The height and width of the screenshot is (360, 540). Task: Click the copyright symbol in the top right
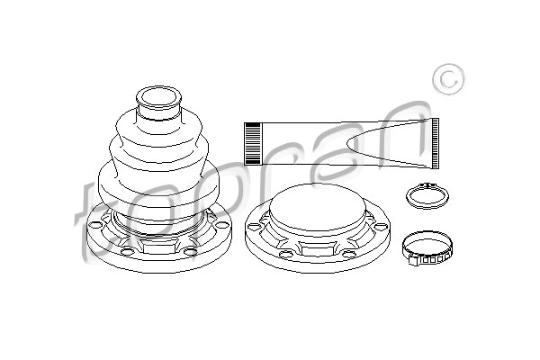tap(448, 79)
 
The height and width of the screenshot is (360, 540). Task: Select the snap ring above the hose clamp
tap(427, 196)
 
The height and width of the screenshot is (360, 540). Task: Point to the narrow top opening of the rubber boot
tap(158, 97)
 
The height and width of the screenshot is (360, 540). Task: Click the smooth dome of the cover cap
tap(317, 208)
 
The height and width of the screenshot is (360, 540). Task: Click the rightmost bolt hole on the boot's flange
tap(220, 226)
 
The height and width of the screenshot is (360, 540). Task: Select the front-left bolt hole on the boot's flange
tap(127, 251)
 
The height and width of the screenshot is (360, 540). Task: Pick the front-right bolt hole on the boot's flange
tap(190, 251)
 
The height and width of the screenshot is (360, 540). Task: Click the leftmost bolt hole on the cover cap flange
tap(254, 226)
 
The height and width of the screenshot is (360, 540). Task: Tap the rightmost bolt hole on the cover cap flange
tap(380, 227)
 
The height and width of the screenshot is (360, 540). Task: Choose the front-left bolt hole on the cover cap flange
tap(284, 255)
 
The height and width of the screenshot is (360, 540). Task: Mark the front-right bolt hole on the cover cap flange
tap(349, 255)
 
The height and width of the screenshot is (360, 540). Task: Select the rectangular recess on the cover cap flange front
tap(317, 248)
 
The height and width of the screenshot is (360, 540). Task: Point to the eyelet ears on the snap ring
tap(427, 185)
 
